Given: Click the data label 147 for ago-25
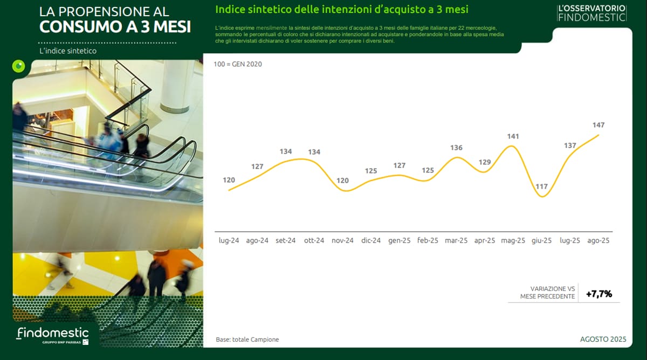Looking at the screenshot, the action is [598, 125].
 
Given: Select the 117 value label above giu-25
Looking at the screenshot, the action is [541, 186].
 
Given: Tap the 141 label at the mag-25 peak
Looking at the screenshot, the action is [513, 136].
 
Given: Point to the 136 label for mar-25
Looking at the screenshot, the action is [456, 148].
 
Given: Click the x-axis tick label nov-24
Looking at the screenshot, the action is [342, 240].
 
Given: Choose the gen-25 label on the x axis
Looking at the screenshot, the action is [399, 240].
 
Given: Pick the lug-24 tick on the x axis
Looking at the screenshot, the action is [229, 240].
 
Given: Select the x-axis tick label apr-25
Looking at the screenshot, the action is [485, 240].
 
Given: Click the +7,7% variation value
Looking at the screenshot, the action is [599, 294].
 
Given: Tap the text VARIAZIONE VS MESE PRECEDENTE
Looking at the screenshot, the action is [548, 293].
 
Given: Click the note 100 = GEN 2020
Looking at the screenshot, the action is [238, 64].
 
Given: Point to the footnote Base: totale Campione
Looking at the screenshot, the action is [247, 340].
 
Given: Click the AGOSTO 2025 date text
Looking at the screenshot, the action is [603, 339].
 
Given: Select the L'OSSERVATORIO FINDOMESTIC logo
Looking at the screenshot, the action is [592, 13].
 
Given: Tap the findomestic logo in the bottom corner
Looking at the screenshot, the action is [52, 335].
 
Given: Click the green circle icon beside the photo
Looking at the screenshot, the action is [19, 66].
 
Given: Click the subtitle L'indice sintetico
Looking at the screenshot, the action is [68, 51].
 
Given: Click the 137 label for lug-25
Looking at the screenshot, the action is [570, 146].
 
